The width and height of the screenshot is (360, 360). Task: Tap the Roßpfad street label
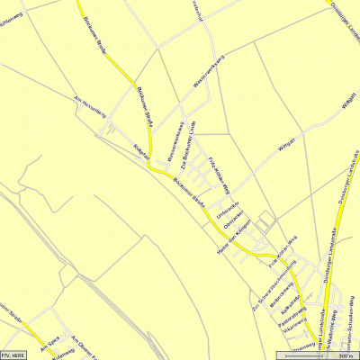[139, 150]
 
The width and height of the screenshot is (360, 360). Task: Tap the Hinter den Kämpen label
[231, 236]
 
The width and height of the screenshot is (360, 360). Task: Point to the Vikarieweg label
[290, 331]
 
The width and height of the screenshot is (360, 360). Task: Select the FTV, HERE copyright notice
[16, 355]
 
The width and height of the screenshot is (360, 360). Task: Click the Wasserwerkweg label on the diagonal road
[209, 72]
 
